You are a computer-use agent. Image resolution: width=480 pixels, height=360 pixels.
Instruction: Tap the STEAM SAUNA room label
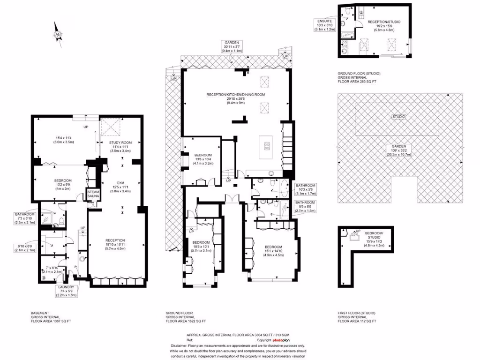(x=93, y=195)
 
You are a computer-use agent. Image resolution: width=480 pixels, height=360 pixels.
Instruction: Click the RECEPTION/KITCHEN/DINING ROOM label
(x=236, y=94)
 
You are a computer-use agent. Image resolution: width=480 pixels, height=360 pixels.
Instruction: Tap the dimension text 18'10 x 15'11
(x=114, y=245)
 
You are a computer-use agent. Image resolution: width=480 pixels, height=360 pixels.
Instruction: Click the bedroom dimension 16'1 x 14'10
(x=273, y=251)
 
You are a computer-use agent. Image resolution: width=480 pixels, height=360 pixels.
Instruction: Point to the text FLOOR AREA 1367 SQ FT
(x=51, y=321)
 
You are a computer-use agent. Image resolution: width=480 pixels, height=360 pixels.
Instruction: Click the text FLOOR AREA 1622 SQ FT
(x=186, y=321)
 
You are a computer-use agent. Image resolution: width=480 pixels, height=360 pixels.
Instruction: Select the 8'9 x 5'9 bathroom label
(x=305, y=207)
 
